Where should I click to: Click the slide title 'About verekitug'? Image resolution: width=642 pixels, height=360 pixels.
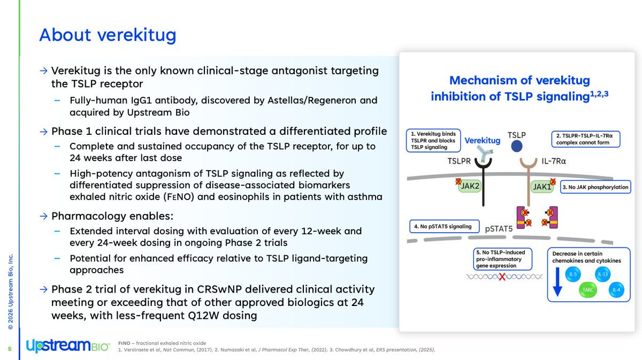(x=108, y=35)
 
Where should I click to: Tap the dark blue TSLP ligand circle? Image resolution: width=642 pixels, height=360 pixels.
(x=517, y=146)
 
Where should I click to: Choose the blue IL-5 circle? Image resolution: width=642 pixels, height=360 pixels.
(x=573, y=275)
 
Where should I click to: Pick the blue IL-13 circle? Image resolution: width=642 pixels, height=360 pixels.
(x=602, y=274)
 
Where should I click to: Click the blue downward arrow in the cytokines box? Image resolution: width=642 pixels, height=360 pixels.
(x=557, y=282)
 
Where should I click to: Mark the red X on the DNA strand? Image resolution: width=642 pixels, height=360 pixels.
(x=502, y=277)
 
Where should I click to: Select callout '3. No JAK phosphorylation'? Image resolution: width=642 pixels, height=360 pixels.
(x=595, y=187)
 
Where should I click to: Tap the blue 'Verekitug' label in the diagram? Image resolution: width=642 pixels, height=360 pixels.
(x=482, y=141)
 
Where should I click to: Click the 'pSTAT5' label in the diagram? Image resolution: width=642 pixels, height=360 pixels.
(x=498, y=229)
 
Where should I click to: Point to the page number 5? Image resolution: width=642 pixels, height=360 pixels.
(x=9, y=349)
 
